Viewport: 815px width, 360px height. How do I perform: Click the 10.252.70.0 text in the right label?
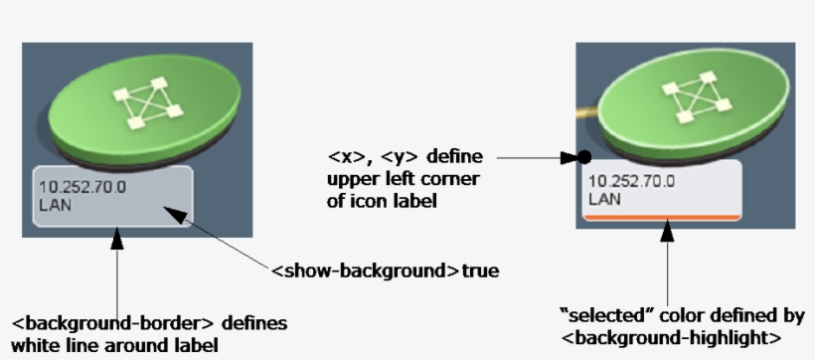tap(631, 181)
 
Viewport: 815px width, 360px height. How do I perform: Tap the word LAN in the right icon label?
tap(604, 199)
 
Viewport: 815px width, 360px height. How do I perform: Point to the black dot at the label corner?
tap(584, 157)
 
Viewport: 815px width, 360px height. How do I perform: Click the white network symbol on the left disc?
tap(148, 102)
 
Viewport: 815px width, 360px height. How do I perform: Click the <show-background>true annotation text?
tap(385, 270)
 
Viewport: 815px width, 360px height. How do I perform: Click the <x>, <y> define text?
tap(404, 157)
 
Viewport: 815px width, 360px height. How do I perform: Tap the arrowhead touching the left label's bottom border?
tap(117, 239)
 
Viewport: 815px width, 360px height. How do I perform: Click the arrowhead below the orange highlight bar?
tap(667, 229)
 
